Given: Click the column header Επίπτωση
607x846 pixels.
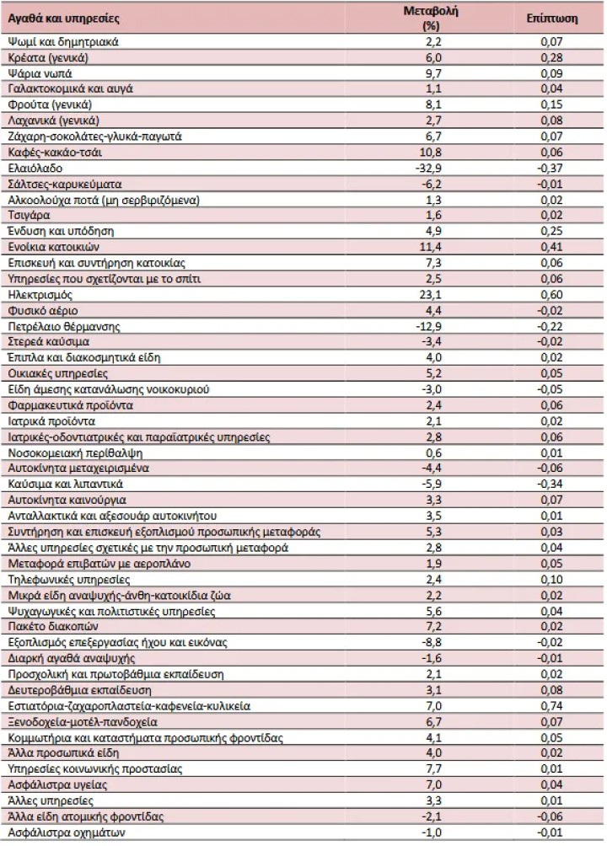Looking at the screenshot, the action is [551, 19].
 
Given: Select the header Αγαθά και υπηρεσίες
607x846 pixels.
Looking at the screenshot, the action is [63, 19].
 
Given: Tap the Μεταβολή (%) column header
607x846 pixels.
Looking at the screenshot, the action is [431, 19].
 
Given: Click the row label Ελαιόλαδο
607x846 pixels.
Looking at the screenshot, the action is [35, 169].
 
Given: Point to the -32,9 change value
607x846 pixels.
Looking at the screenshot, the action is [428, 169].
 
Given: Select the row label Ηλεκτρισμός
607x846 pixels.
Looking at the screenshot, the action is [40, 295].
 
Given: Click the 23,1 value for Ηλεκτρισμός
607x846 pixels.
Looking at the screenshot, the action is [433, 295].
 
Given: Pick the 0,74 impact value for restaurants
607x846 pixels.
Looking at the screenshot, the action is [552, 706].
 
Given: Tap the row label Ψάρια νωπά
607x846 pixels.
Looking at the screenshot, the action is [40, 73].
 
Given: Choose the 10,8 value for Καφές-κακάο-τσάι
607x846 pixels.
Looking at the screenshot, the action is [431, 153].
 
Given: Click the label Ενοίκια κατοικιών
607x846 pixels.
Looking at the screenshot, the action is [53, 247].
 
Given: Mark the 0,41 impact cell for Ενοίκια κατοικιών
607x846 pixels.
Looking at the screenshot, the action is [552, 247].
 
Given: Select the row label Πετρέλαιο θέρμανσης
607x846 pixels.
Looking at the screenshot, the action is [64, 327].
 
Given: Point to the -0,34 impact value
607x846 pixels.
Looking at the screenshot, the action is [550, 484].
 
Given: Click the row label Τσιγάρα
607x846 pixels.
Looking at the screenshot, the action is [30, 215].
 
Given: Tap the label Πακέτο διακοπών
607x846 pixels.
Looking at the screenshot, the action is [53, 626].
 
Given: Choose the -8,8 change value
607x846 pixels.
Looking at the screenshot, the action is [431, 643].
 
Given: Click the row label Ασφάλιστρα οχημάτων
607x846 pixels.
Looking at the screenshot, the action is [67, 833].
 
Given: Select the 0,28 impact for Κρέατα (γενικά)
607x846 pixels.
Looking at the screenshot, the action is [552, 58].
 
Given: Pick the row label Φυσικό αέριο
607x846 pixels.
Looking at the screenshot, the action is [43, 311].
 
